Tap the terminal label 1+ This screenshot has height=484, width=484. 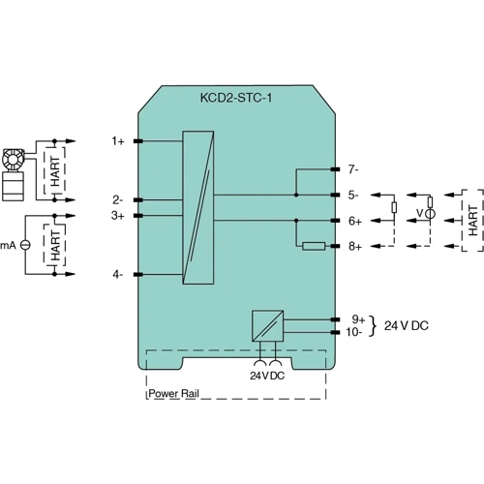(117, 141)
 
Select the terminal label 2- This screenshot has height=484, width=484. (117, 200)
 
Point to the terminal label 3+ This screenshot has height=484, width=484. (117, 215)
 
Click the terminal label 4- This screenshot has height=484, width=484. (117, 275)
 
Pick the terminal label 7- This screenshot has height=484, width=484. (355, 168)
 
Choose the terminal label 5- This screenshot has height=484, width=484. (355, 195)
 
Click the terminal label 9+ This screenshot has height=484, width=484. (357, 318)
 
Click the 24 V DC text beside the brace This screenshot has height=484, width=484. (407, 325)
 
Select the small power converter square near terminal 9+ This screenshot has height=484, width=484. (267, 324)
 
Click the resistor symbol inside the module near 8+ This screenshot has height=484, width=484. (314, 247)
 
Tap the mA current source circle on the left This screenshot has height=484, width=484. (26, 246)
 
